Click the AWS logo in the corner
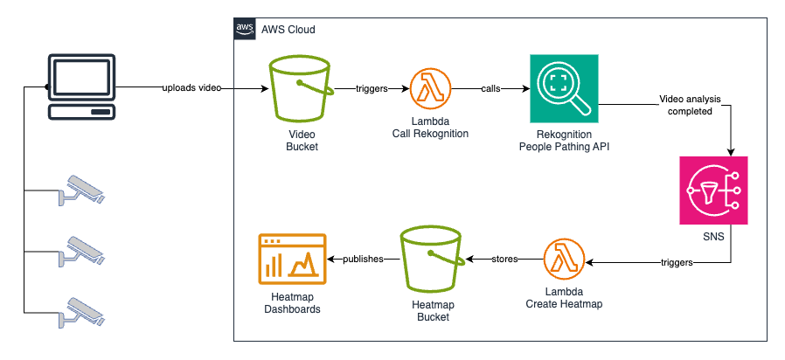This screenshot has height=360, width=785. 245,29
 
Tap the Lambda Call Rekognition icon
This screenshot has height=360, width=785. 430,89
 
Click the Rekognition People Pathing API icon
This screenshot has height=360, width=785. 563,88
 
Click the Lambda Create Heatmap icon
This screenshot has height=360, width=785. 564,260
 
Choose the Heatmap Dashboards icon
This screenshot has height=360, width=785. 292,260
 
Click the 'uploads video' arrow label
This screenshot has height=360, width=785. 191,89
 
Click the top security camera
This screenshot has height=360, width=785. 85,190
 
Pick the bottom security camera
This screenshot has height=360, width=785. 85,312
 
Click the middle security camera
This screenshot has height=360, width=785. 85,250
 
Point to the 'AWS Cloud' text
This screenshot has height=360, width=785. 288,30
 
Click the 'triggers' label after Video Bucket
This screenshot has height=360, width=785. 373,89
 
